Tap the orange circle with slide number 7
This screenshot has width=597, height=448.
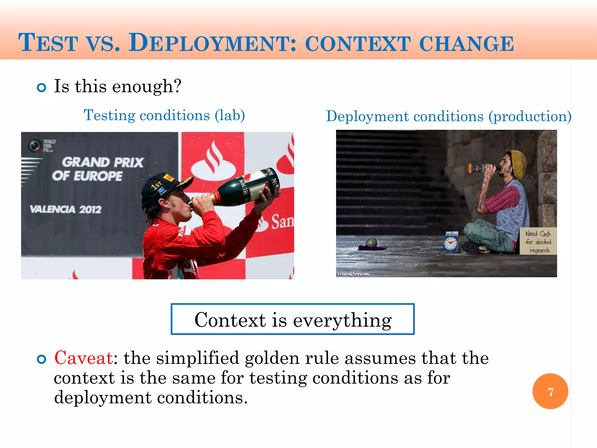[550, 391]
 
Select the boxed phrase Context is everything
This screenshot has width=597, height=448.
[292, 319]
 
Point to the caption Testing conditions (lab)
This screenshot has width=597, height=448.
[164, 115]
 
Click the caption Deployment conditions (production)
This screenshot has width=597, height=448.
[448, 116]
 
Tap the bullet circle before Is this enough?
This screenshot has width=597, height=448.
[42, 87]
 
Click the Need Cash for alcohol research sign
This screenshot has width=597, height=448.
[538, 242]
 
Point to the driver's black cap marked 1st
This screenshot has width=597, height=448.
[163, 187]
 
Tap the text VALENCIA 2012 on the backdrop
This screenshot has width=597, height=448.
[66, 209]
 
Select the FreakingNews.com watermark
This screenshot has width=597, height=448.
[353, 274]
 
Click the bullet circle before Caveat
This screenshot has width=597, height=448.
[42, 359]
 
